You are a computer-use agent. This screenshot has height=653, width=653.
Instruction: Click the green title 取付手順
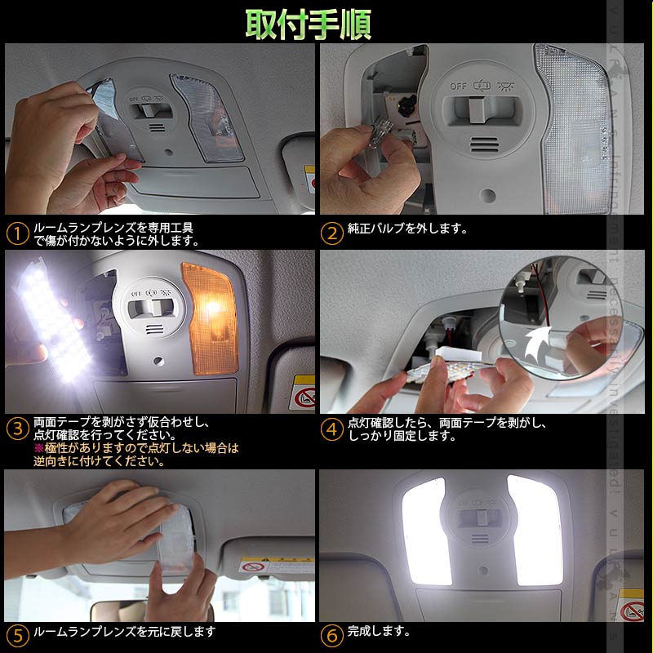click(x=309, y=25)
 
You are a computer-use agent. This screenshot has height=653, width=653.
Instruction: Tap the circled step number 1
click(x=17, y=233)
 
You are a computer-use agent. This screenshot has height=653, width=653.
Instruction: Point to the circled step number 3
click(x=17, y=429)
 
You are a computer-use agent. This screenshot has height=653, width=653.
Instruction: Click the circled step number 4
click(x=331, y=429)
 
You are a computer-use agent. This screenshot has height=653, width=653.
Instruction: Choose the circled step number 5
click(x=17, y=634)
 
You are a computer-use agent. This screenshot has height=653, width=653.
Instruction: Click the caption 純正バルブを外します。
click(x=408, y=229)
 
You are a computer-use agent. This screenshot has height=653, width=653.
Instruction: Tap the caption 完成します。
click(x=379, y=631)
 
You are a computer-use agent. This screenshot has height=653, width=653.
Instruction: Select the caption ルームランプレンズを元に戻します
click(x=124, y=632)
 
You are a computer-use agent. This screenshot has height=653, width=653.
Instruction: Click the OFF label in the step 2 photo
click(x=459, y=84)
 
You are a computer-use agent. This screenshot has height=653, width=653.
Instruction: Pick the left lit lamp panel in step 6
click(x=424, y=531)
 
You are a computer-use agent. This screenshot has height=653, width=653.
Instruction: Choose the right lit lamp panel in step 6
click(x=535, y=531)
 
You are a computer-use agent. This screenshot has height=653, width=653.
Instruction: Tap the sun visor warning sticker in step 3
click(x=303, y=393)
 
